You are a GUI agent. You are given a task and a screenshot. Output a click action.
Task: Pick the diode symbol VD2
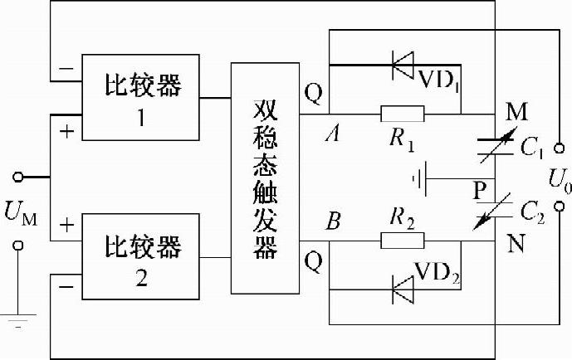[x=403, y=288]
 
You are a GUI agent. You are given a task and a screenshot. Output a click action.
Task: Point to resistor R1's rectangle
[x=402, y=114]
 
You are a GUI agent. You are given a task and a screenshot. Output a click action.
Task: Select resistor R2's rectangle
[x=402, y=241]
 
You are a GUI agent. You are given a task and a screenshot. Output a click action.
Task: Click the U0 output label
[x=555, y=178]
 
